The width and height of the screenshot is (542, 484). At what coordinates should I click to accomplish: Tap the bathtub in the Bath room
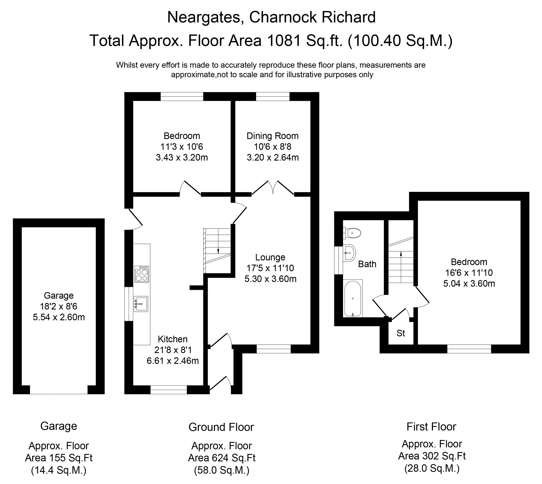click(353, 299)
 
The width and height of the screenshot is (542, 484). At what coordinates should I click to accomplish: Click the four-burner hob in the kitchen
click(142, 274)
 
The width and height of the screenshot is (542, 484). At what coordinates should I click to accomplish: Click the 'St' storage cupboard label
click(401, 333)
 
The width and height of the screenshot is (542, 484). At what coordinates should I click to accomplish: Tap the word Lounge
click(270, 257)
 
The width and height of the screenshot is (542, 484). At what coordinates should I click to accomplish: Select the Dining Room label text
click(272, 136)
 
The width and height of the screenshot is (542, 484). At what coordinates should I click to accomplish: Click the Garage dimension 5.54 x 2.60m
click(59, 317)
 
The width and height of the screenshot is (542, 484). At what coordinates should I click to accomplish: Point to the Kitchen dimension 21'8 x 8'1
click(173, 350)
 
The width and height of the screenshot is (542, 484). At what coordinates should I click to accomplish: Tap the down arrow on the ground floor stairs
click(218, 250)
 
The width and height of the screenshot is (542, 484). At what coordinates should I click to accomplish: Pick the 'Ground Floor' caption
click(221, 427)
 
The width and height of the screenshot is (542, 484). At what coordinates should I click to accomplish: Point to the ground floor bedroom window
click(182, 96)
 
